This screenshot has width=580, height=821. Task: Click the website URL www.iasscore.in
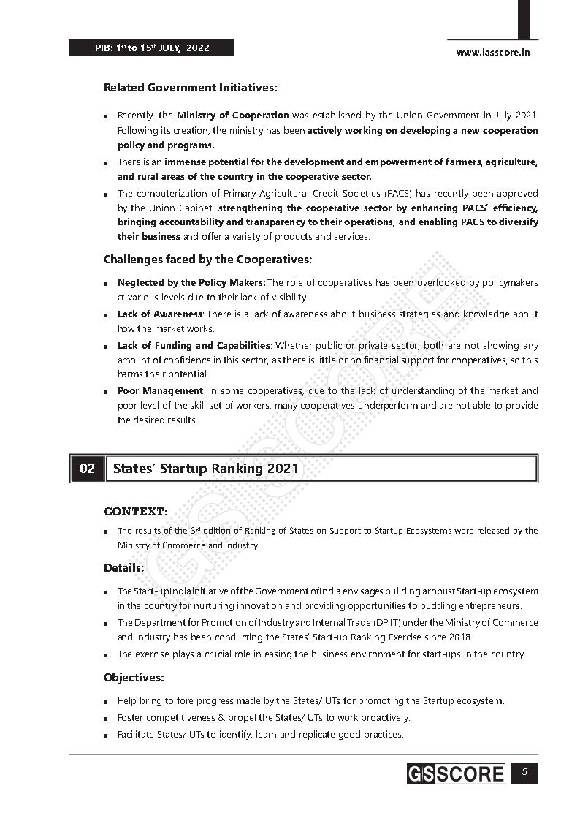[x=493, y=52]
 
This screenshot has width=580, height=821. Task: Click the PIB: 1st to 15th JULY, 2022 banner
[x=151, y=48]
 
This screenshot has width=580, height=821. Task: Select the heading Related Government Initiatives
[x=190, y=88]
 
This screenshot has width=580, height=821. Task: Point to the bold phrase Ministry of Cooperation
[x=232, y=116]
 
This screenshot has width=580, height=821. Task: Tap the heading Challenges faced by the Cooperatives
[x=207, y=260]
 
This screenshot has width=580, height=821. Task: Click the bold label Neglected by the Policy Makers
[x=191, y=283]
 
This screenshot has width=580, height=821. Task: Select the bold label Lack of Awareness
[x=160, y=314]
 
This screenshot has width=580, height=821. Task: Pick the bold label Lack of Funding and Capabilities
[x=194, y=346]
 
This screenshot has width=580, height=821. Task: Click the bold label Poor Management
[x=160, y=391]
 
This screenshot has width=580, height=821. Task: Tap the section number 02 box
[x=87, y=469]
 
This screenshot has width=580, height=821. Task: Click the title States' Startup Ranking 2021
[x=206, y=469]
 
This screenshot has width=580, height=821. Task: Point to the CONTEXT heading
[x=135, y=512]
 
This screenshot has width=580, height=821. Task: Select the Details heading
[x=123, y=568]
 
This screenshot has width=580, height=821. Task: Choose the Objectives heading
[x=133, y=678]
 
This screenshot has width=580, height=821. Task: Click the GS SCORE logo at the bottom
[x=456, y=774]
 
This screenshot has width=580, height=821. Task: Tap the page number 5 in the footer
[x=524, y=773]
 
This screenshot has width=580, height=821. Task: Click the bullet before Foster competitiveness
[x=107, y=719]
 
